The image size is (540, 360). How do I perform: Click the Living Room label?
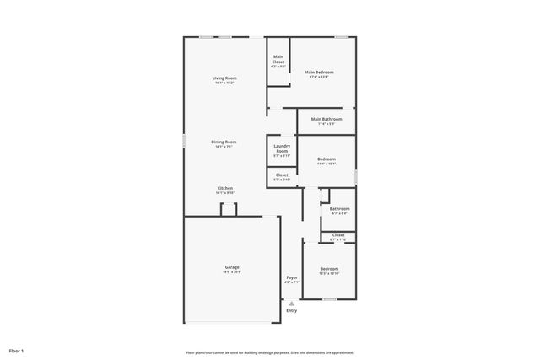coord(224,78)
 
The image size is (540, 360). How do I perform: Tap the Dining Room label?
coord(224,142)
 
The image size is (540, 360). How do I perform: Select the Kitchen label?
coord(224,188)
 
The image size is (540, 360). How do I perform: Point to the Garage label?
coord(231,267)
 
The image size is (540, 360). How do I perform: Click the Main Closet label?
coord(278,59)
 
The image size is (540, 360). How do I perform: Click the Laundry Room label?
coord(282,148)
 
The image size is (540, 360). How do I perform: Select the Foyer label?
coord(291,277)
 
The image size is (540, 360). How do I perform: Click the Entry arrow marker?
coord(292,303)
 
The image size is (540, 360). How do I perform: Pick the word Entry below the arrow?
coord(292,310)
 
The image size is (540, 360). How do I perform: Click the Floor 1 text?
coord(16,350)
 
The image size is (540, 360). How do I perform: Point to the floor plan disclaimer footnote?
coord(269,352)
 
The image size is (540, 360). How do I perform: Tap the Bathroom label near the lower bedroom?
coord(339,208)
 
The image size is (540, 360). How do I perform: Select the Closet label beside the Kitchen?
coord(282,175)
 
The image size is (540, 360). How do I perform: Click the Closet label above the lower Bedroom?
coord(337,235)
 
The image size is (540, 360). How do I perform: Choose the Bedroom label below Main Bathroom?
coord(327,159)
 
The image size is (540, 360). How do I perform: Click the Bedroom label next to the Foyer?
coord(329,269)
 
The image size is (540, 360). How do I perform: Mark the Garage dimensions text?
coord(231,272)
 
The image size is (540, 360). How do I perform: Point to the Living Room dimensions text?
coord(224,83)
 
